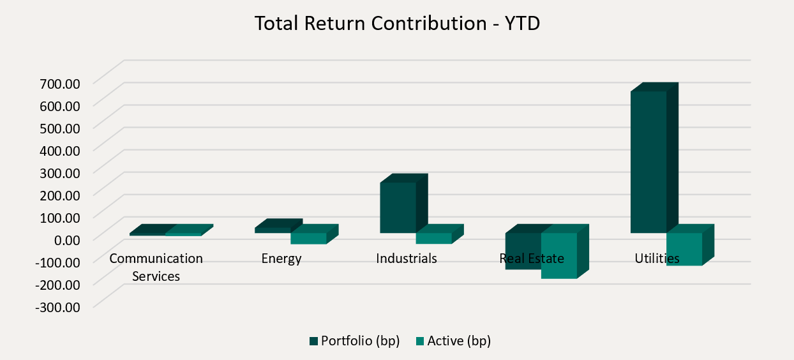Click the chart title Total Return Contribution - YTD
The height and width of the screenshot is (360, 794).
(397, 24)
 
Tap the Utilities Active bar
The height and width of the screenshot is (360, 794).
(684, 249)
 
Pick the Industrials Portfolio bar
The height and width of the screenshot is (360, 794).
(398, 207)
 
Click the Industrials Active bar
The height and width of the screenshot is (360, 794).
(433, 238)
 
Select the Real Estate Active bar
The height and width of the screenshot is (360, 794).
(559, 255)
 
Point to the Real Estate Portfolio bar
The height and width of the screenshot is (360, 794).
(523, 251)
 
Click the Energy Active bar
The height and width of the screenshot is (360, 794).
(308, 238)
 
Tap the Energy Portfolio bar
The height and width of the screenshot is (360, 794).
(273, 230)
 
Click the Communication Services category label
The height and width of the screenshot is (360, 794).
(156, 267)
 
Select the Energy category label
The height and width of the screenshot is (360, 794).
(281, 259)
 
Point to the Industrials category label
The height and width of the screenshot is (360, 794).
(407, 259)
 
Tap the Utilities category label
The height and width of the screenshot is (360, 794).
(657, 259)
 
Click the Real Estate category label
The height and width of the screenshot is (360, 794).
(532, 259)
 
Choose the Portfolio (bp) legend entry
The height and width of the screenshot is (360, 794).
(355, 341)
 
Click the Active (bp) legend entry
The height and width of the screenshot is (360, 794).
(453, 341)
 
